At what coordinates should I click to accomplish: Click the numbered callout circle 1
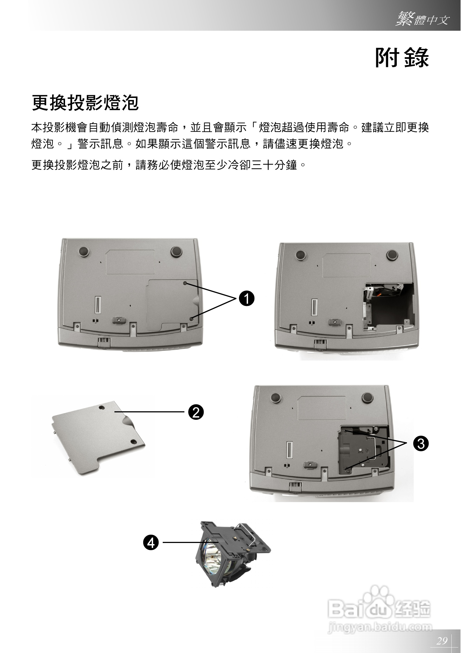[x=246, y=298]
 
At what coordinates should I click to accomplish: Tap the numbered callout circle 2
[x=196, y=412]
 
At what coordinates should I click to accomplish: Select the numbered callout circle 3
[x=421, y=443]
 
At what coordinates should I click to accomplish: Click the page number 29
[x=442, y=640]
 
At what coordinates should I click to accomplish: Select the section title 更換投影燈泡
[x=85, y=103]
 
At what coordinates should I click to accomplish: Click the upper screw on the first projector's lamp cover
[x=185, y=283]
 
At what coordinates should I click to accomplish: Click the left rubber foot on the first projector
[x=84, y=251]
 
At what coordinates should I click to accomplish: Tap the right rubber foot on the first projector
[x=176, y=251]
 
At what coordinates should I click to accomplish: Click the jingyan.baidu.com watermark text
[x=380, y=627]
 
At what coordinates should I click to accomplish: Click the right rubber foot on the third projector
[x=367, y=397]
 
